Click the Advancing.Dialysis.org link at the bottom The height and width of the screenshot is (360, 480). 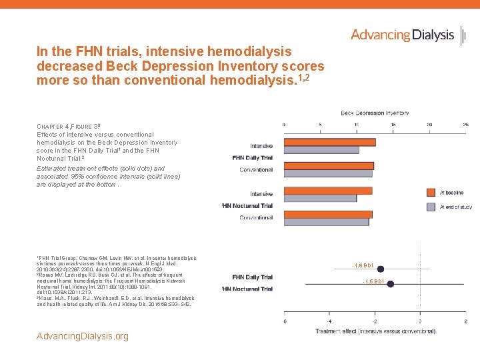[83, 336]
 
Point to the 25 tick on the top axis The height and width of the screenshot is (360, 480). [465, 124]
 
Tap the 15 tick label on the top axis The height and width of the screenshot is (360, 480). [393, 124]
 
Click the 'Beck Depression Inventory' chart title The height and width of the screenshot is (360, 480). [375, 113]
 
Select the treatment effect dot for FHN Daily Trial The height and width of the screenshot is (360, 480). [381, 269]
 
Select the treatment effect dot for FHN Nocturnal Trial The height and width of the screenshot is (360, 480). [390, 284]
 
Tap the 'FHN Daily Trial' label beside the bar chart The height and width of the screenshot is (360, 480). [252, 158]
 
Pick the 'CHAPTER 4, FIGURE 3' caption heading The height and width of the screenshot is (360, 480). [69, 127]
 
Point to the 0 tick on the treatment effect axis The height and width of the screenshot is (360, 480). [420, 321]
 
